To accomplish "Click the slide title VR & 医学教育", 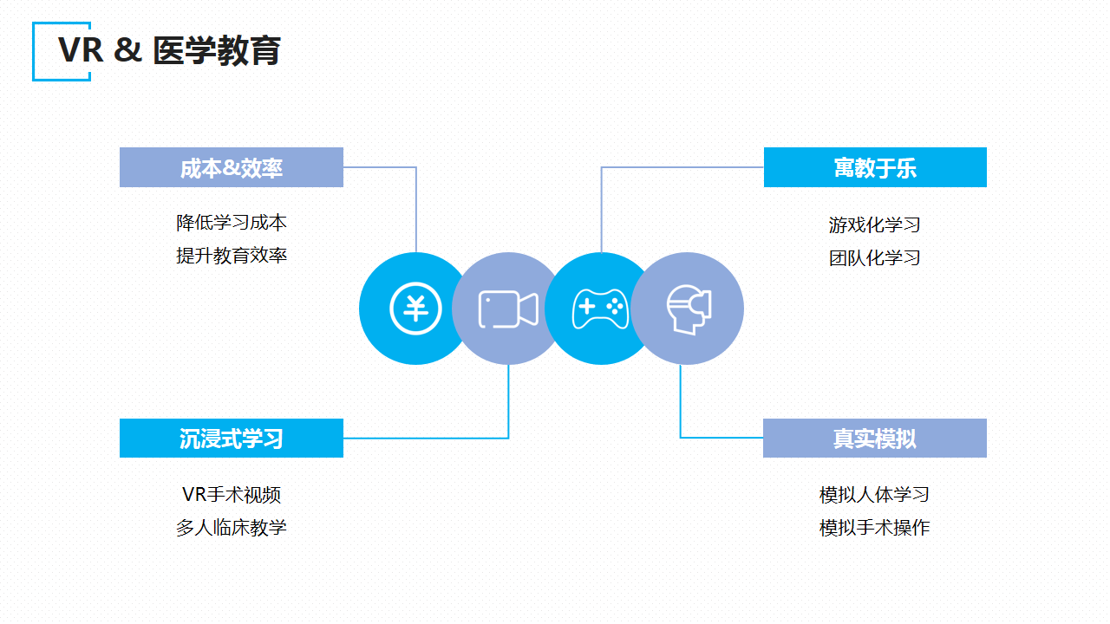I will point(170,51).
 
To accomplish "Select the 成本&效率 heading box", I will point(232,167).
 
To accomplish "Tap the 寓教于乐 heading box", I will point(875,167).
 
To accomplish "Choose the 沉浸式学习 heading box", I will point(232,439).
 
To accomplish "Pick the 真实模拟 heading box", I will point(875,439).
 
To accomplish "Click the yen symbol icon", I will point(415,309).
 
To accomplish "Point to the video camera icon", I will point(508,309).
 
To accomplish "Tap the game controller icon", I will point(600,309).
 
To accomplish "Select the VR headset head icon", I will point(689,309).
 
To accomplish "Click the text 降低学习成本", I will point(232,223).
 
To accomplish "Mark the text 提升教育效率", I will point(232,256).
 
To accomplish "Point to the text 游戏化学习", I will point(874,225).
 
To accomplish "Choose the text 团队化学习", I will point(874,258).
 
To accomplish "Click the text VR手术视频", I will point(232,495).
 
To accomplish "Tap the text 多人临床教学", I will point(232,528).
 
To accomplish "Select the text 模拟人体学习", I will point(874,495).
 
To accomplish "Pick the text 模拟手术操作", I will point(874,528).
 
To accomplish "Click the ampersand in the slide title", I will point(127,51).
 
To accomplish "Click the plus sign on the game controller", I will point(587,307).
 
